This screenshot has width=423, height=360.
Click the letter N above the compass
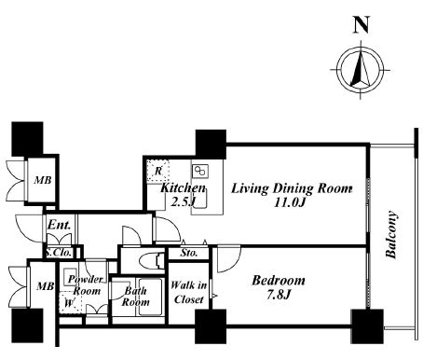(362, 25)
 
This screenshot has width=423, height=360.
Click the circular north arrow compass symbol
(361, 70)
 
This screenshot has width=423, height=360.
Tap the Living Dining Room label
(292, 188)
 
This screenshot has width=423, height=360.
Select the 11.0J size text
(290, 202)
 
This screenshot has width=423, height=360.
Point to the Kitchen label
(183, 187)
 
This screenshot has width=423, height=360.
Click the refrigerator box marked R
(158, 171)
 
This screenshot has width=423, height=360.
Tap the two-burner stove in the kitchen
(200, 172)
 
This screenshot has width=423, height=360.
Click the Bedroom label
(279, 281)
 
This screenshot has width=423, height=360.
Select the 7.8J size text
(279, 294)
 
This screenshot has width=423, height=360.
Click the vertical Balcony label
(391, 235)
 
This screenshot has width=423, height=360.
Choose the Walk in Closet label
(189, 292)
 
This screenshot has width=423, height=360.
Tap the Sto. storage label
(189, 253)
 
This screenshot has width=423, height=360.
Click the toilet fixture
(152, 260)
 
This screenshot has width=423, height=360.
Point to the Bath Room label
(135, 297)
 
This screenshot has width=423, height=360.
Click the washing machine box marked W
(70, 302)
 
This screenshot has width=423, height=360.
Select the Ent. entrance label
(59, 225)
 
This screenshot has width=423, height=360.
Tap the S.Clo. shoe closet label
(59, 253)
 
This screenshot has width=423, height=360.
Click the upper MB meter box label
(43, 180)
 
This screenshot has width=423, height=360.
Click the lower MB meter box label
(45, 286)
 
